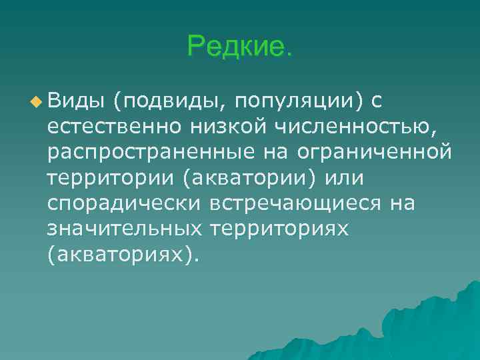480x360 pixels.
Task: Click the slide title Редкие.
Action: click(239, 47)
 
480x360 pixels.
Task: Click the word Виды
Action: click(76, 101)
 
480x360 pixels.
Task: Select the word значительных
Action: click(125, 229)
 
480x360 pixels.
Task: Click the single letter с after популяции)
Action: click(376, 102)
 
